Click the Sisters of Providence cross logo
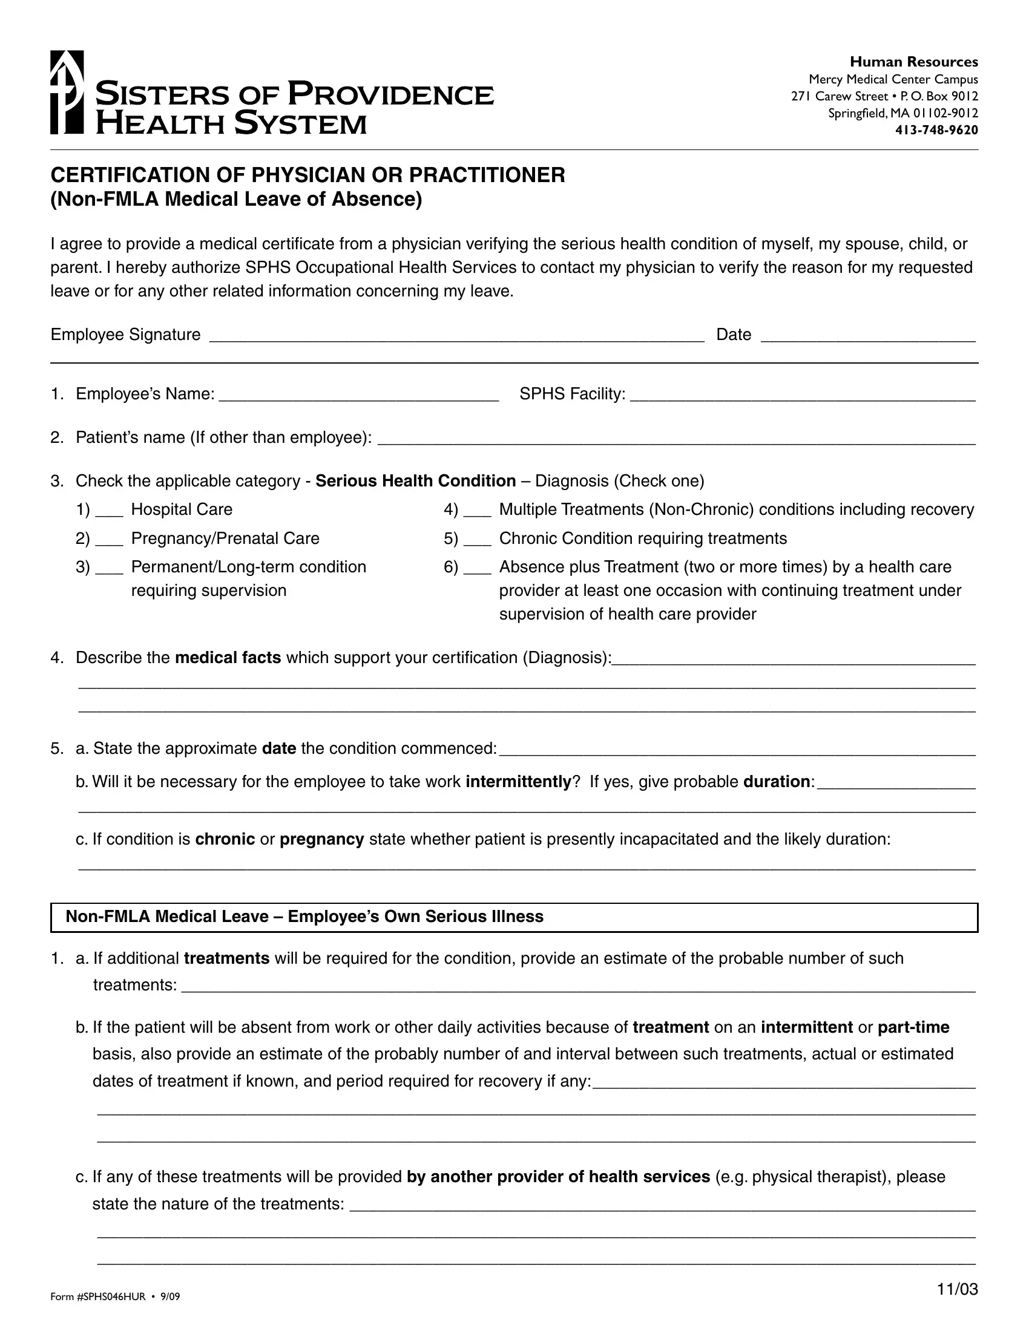67,92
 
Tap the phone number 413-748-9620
936,130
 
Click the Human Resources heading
914,62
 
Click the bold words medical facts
228,658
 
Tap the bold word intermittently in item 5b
518,782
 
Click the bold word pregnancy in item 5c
322,840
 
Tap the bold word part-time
913,1027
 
